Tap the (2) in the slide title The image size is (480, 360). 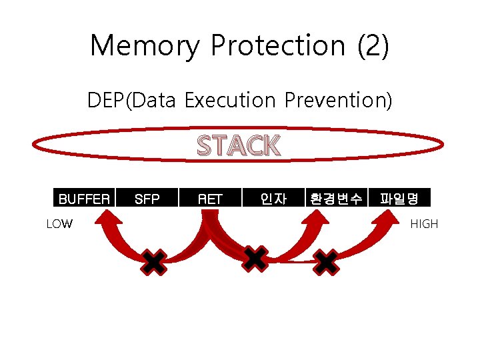point(373,45)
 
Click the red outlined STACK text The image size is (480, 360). point(239,145)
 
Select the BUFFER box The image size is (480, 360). point(84,198)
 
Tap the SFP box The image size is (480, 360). point(147,198)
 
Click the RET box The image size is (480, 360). point(210,198)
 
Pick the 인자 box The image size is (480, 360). point(273,198)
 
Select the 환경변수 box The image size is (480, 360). point(336,198)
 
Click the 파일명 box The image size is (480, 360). point(399,198)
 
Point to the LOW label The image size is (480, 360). point(59,224)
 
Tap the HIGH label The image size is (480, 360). point(424,224)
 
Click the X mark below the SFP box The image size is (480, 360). point(154,262)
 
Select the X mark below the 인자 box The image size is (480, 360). point(255,258)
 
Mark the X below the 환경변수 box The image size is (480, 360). point(326,262)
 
